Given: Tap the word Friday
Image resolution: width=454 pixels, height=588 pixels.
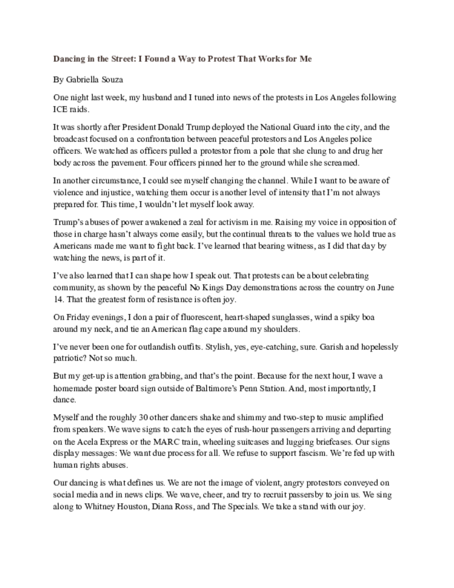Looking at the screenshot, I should (x=77, y=316).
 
